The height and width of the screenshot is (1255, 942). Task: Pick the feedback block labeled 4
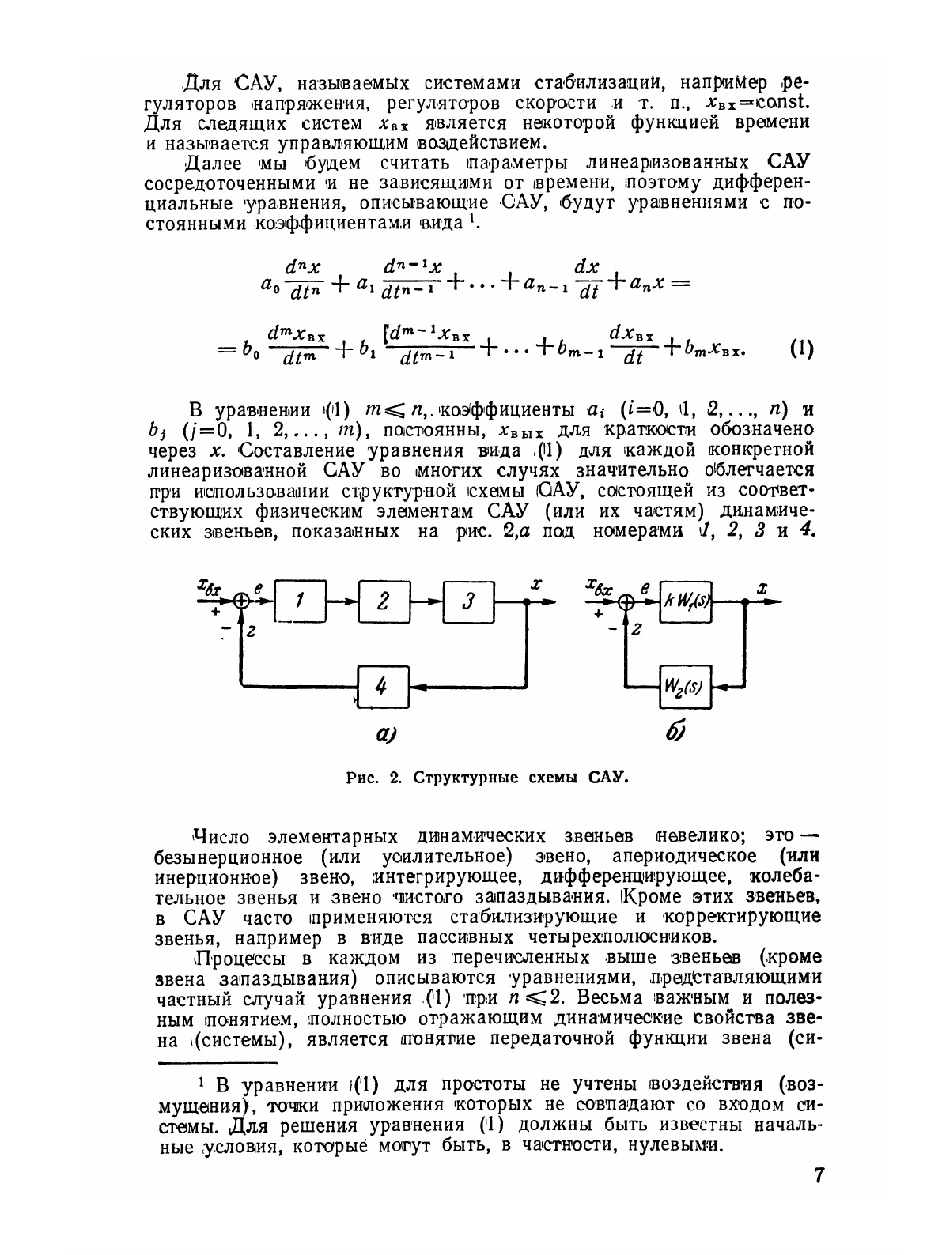(382, 687)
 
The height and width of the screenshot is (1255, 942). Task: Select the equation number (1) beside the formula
(800, 349)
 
